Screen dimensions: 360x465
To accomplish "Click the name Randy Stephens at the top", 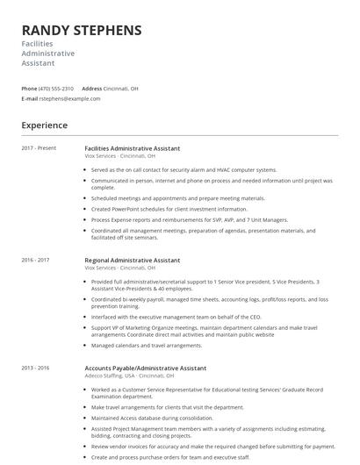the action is [81, 30].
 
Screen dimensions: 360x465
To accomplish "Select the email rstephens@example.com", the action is [70, 98].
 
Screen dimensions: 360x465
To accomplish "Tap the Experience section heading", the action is [45, 125].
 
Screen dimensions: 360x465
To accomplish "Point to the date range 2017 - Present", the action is [39, 148].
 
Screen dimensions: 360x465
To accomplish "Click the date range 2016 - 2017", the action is [35, 261].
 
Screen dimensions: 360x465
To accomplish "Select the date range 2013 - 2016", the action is [35, 368].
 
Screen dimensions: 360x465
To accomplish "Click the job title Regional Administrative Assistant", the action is [133, 261].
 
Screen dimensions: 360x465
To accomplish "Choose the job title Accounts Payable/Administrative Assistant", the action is [146, 368].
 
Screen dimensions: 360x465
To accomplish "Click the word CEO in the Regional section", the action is [256, 316].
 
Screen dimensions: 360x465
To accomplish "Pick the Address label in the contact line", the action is [91, 89].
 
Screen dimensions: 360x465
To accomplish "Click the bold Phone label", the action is [29, 89].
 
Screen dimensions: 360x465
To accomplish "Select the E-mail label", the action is [29, 98].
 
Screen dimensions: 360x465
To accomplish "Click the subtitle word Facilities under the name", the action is [38, 43].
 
